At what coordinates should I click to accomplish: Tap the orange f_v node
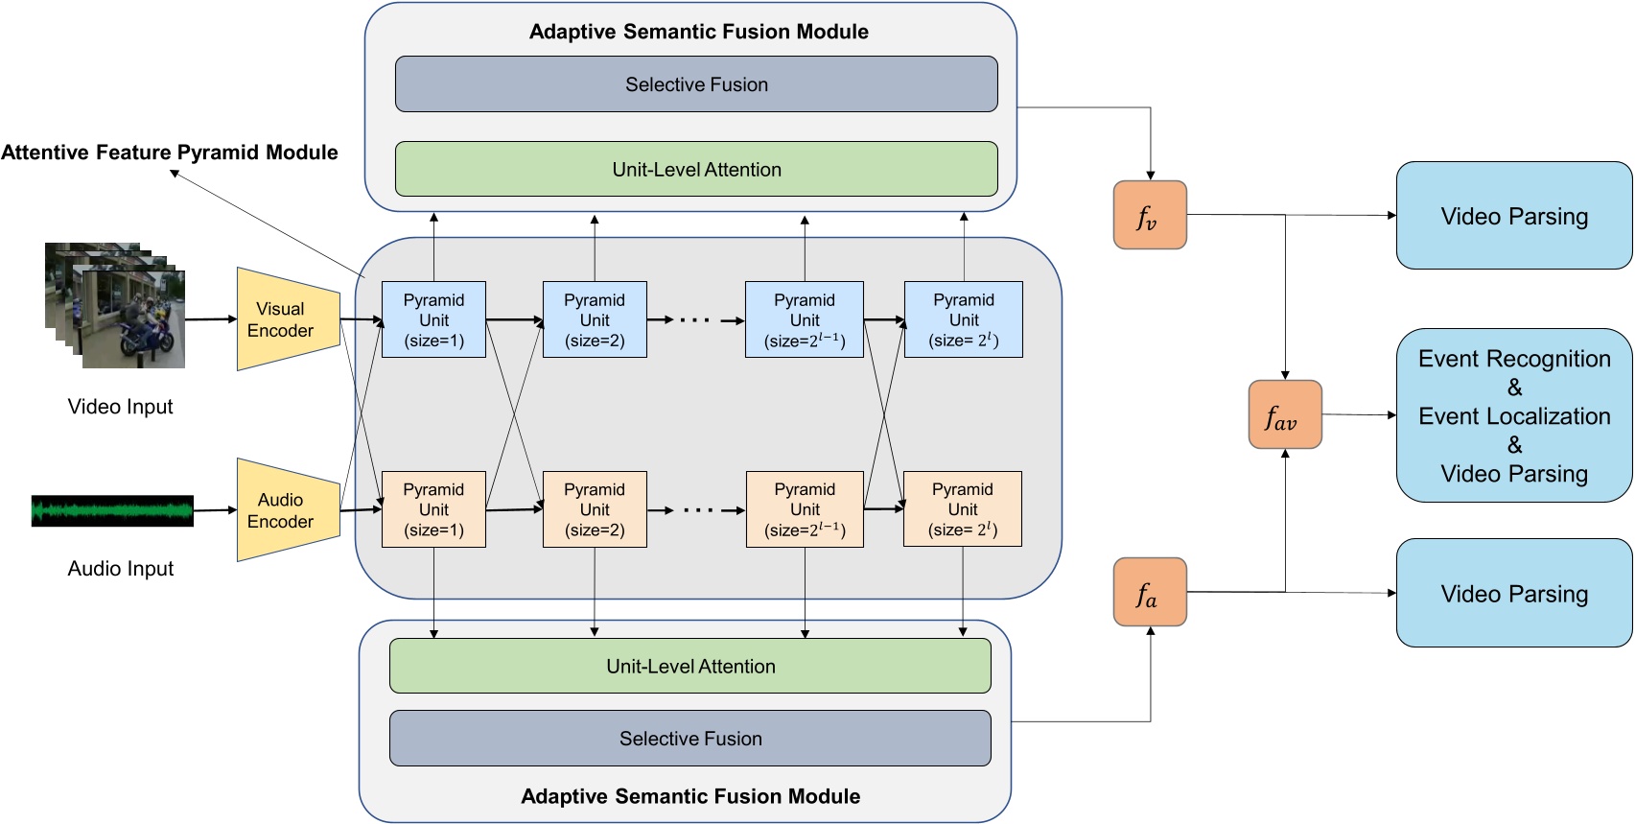[1150, 215]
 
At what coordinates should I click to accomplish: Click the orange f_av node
[1285, 414]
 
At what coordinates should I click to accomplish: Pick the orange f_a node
[1150, 592]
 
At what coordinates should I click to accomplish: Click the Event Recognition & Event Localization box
[1514, 415]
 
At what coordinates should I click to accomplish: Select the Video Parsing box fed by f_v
[1514, 216]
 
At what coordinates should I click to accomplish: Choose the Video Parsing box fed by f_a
[1514, 593]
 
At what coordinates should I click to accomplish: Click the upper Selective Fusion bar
[696, 84]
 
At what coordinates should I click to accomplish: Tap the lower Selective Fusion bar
[689, 738]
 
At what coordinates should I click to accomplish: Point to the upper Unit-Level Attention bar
[696, 170]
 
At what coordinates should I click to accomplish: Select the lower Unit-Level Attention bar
[689, 666]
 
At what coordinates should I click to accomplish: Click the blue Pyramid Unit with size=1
[433, 319]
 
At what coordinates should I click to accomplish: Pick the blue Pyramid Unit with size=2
[595, 319]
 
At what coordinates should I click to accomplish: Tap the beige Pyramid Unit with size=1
[433, 509]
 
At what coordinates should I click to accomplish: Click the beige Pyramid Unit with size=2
[595, 509]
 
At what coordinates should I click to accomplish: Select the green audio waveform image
[112, 511]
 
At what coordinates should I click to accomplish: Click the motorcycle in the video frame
[144, 336]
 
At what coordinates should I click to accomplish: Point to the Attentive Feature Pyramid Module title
[170, 153]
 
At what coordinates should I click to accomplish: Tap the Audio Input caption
[121, 568]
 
